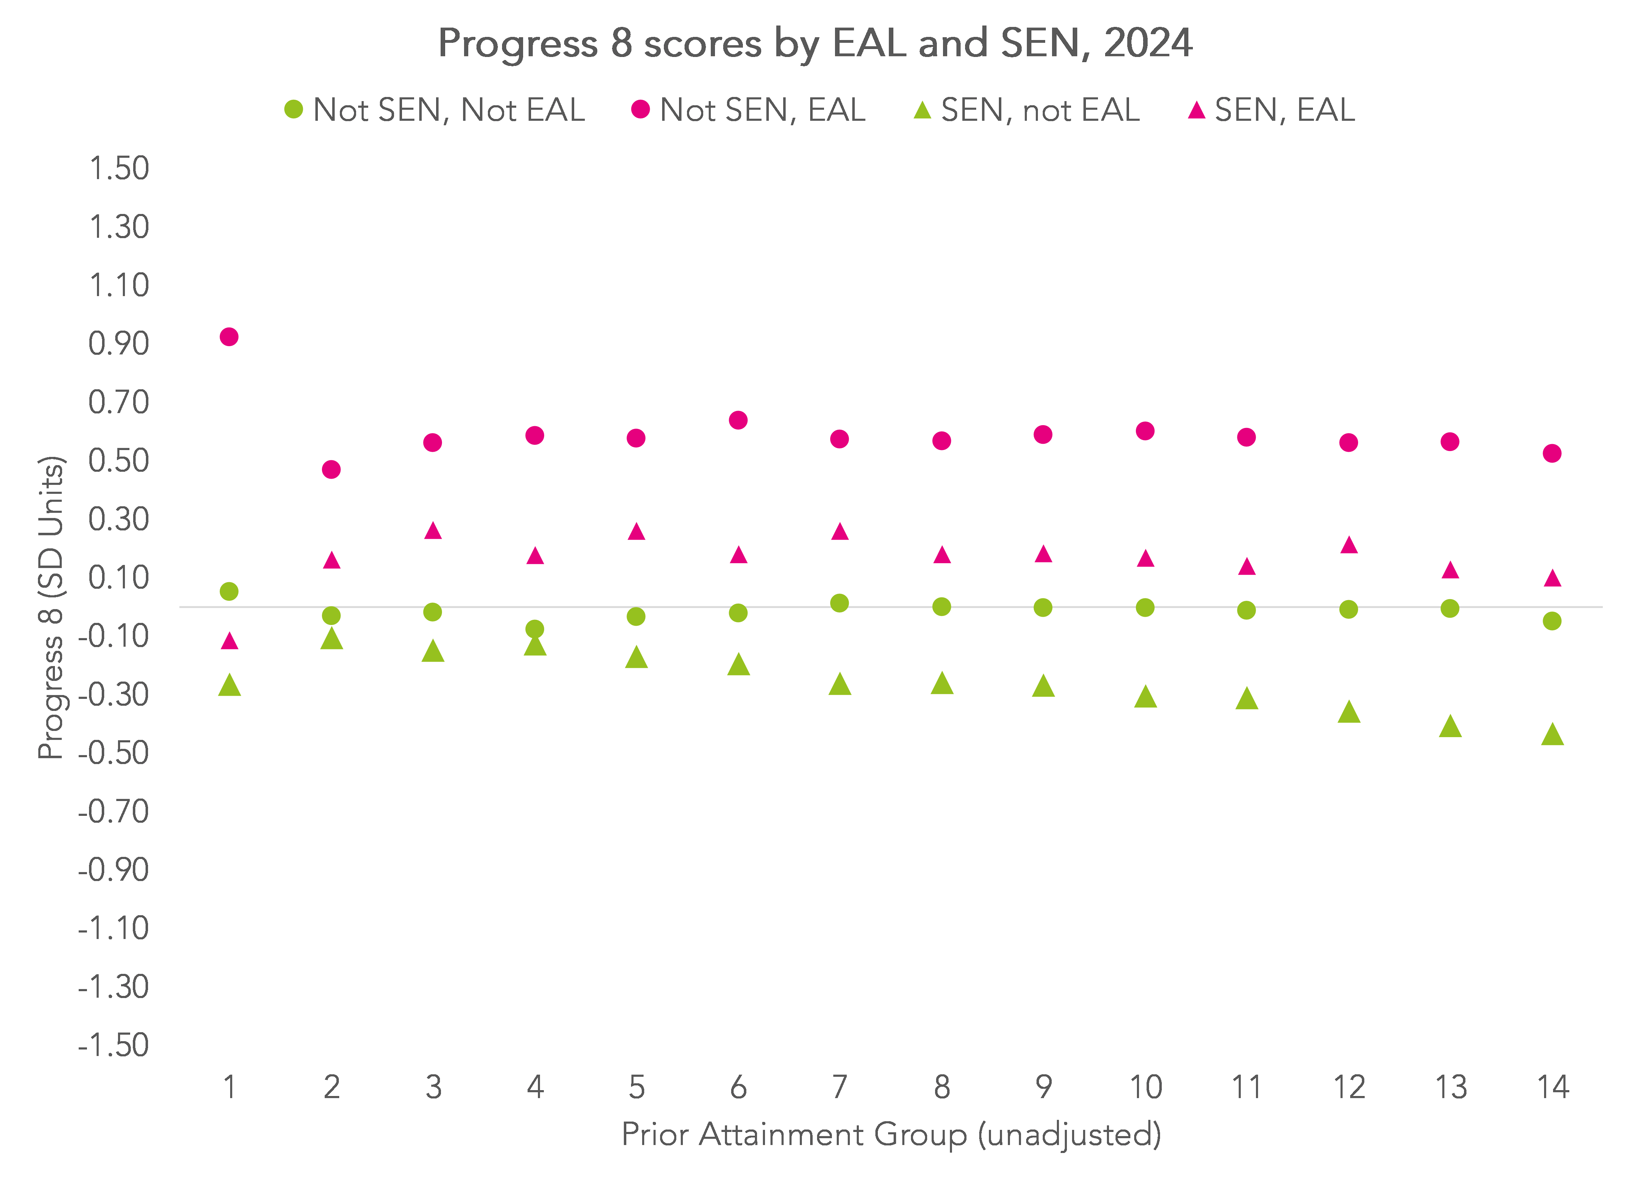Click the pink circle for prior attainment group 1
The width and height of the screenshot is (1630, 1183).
(x=228, y=337)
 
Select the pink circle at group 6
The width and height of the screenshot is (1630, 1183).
(x=738, y=420)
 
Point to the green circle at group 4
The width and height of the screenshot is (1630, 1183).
(x=534, y=629)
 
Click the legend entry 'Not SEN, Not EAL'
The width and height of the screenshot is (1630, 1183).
(x=435, y=110)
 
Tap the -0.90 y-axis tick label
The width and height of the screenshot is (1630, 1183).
(x=114, y=870)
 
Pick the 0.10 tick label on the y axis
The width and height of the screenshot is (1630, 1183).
(x=119, y=577)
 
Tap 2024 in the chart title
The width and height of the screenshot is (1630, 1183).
(x=1148, y=43)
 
